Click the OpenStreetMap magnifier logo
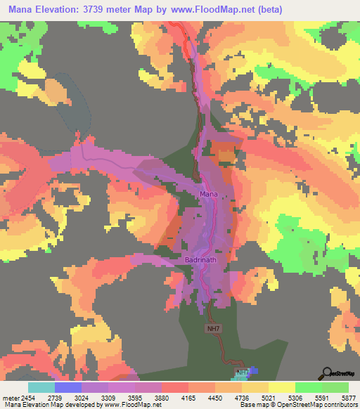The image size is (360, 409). (326, 374)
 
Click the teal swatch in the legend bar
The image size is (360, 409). (41, 387)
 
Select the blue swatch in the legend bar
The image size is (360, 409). (68, 387)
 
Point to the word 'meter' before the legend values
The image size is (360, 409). (10, 397)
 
